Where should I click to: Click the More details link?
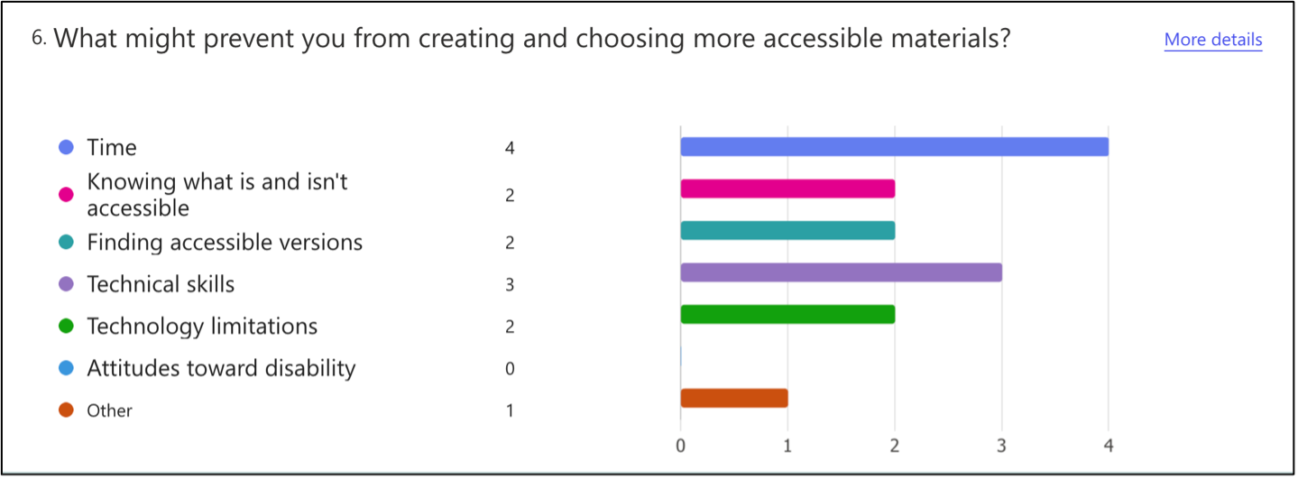1213,40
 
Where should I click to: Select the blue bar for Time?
895,146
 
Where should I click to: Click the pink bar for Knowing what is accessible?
787,189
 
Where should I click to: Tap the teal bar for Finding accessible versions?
787,231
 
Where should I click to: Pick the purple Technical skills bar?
842,272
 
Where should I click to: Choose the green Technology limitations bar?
787,315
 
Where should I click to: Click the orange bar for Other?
734,399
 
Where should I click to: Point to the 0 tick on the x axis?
680,446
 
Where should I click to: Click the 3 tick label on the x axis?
1001,446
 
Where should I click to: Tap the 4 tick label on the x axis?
1109,446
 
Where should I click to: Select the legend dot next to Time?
66,147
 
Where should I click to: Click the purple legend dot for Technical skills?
66,284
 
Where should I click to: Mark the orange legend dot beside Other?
66,410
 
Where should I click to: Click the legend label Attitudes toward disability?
221,368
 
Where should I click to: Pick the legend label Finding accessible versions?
225,242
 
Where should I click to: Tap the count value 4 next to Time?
510,148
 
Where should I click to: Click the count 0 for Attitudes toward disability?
510,368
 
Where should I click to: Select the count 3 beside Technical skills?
510,284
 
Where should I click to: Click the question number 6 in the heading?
38,38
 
